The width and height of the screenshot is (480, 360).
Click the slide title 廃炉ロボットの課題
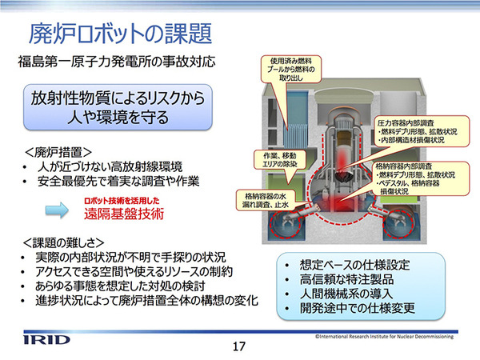[x=120, y=33]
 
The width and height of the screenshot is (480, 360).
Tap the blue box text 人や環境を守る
[x=121, y=118]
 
